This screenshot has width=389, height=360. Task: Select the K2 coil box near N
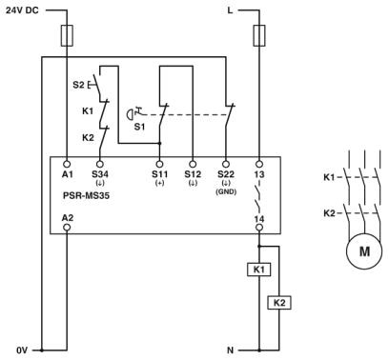coord(278,302)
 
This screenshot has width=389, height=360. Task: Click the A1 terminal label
coord(67,174)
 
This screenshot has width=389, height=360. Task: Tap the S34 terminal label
coord(100,174)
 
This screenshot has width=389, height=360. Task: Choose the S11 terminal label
coord(159,174)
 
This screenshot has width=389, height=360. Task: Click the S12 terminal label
coord(192,174)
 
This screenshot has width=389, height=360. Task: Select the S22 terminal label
coord(226,174)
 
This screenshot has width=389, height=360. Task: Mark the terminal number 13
coord(259,174)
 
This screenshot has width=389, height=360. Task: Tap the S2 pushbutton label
coord(77,85)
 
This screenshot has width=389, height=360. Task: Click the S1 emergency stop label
coord(139,124)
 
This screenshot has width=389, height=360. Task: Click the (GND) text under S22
coord(226,191)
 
